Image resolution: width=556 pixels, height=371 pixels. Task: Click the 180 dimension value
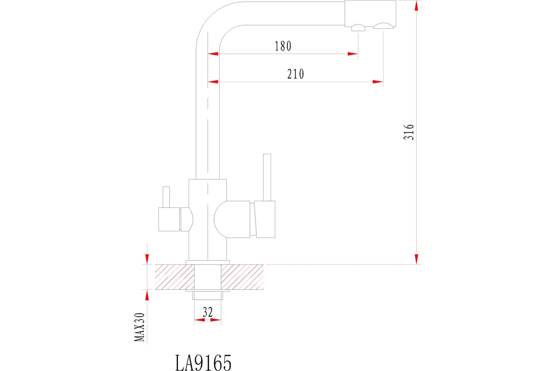point(283,46)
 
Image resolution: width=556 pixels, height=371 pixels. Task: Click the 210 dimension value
point(296,74)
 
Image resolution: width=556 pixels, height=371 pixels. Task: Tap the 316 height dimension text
point(409,132)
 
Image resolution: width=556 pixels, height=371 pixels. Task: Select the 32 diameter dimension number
point(208,313)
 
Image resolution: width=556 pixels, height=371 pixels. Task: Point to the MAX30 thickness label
point(139,327)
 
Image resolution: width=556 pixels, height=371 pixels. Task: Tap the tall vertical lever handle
point(267,177)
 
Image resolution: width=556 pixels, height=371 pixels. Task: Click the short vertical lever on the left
point(166,197)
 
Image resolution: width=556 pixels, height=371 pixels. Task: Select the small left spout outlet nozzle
point(358,28)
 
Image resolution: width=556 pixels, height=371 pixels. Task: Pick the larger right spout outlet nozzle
point(383,26)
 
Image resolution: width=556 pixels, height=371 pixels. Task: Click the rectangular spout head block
point(370,13)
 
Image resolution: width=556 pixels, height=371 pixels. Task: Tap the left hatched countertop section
point(175,277)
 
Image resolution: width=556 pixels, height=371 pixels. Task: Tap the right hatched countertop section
point(242,277)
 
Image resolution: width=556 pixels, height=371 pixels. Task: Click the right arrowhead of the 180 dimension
point(353,54)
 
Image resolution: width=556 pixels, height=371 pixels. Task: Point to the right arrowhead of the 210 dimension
point(378,82)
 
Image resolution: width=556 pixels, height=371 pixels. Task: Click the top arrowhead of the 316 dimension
point(416,6)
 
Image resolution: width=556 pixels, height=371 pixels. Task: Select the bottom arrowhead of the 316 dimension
point(416,259)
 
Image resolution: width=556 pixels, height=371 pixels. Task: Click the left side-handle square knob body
point(169,219)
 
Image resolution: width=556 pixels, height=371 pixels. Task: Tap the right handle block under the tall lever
point(265,219)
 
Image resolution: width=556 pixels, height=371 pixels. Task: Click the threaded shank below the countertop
point(208,295)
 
